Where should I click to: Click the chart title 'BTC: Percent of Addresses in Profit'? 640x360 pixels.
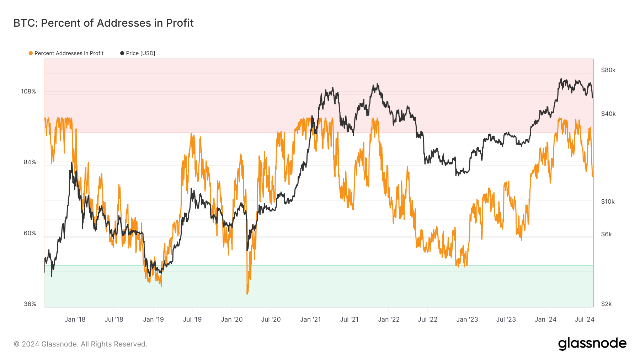coord(103,23)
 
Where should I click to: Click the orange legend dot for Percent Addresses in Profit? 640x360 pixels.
coord(31,53)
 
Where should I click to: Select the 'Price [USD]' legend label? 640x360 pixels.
coord(140,53)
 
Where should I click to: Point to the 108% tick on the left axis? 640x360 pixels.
coord(28,92)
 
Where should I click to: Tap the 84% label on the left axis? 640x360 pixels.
coord(30,162)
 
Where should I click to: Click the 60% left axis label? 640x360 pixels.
coord(30,233)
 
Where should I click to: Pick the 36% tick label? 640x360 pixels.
coord(30,304)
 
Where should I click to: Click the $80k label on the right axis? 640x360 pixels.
coord(608,70)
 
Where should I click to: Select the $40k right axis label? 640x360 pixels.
coord(608,114)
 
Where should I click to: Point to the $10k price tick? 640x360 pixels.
coord(608,202)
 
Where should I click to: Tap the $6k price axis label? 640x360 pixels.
coord(606,235)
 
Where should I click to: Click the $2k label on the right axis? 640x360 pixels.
coord(606,304)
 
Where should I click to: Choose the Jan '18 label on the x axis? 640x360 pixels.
coord(75,319)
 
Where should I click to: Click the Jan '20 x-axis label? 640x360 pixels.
coord(231,319)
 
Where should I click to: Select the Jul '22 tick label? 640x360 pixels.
coord(427,319)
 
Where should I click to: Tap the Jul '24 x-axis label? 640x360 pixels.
coord(585,319)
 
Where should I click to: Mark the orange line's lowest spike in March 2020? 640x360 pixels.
coord(247,294)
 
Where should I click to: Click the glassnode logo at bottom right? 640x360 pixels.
coord(592,344)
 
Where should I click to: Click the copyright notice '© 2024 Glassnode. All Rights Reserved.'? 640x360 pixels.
coord(80,344)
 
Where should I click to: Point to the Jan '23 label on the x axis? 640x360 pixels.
coord(467,319)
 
